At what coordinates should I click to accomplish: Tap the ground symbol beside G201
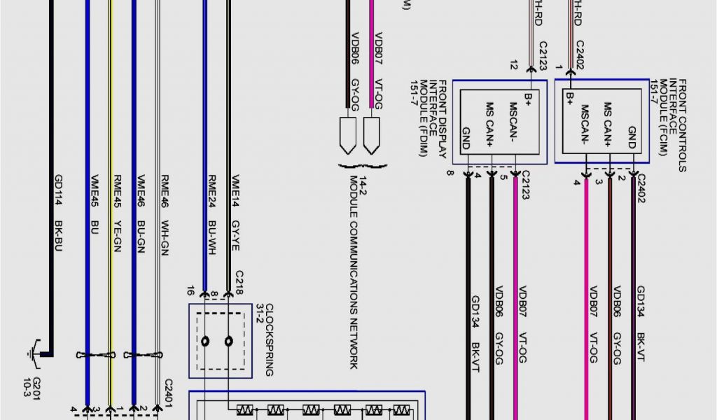click(36, 351)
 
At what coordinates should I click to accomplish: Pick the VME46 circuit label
click(141, 188)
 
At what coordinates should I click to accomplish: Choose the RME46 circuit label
click(165, 188)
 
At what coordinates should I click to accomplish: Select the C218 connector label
click(239, 281)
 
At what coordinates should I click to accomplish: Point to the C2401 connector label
click(168, 391)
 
